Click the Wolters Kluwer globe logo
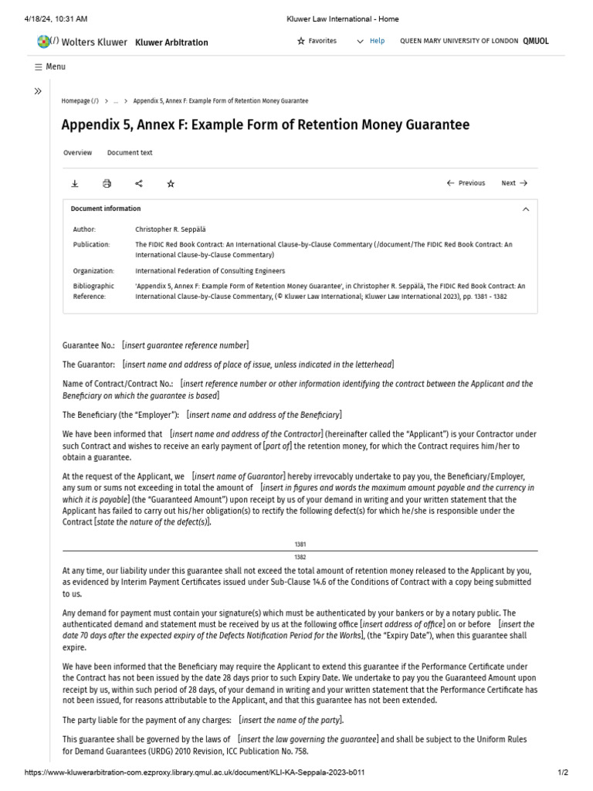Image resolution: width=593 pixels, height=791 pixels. point(44,42)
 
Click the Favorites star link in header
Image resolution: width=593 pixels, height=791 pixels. point(317,41)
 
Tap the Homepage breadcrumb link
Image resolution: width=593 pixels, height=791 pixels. point(80,101)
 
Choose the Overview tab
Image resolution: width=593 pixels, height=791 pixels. point(77,153)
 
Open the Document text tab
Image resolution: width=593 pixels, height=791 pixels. point(130,153)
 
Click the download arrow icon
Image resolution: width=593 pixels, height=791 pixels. point(75,184)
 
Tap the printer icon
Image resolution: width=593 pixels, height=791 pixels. point(107,184)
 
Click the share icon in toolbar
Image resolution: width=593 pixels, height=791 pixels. point(139,184)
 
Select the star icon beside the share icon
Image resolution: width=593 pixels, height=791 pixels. point(171,184)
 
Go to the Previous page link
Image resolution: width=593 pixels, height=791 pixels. point(466,184)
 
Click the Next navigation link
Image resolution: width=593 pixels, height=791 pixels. point(513,184)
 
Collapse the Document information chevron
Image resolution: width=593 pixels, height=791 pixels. point(526,209)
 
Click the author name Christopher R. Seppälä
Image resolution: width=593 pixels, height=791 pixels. point(171,229)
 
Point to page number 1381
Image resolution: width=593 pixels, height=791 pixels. point(300,545)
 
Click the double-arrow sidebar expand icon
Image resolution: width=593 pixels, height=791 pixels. point(38,91)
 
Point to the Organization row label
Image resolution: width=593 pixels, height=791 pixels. point(93,271)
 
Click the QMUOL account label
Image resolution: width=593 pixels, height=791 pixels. point(536,42)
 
